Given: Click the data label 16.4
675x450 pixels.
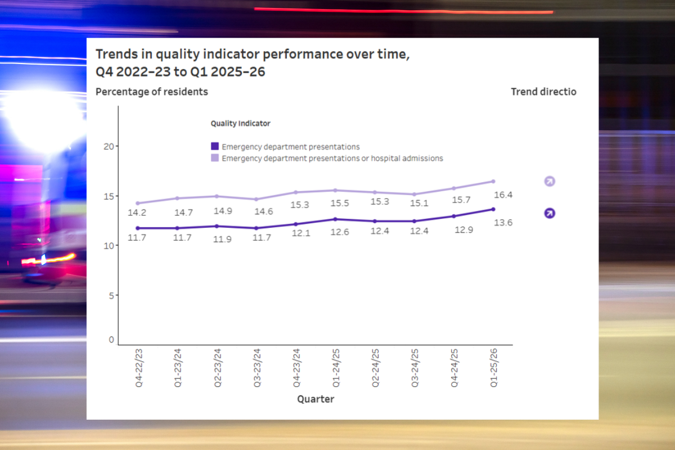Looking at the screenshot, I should pyautogui.click(x=503, y=195).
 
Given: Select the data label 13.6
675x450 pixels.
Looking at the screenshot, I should pyautogui.click(x=503, y=223).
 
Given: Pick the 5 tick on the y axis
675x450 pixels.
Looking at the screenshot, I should pyautogui.click(x=111, y=295).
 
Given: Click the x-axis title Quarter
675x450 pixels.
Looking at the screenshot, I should pyautogui.click(x=315, y=399).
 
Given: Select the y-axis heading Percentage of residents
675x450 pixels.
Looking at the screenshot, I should pyautogui.click(x=152, y=92).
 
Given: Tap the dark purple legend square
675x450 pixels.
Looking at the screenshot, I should pyautogui.click(x=215, y=147).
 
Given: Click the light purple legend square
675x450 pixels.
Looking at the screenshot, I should pyautogui.click(x=215, y=159).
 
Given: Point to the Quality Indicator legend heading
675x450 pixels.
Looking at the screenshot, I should pyautogui.click(x=240, y=123).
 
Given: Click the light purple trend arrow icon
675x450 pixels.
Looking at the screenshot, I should pyautogui.click(x=550, y=181).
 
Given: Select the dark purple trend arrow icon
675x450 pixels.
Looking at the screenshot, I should pyautogui.click(x=550, y=213).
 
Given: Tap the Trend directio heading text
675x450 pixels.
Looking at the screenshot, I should pyautogui.click(x=543, y=92).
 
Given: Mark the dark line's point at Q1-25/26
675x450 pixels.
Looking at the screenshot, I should pyautogui.click(x=493, y=209).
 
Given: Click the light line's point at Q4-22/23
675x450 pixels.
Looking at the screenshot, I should pyautogui.click(x=138, y=203).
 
